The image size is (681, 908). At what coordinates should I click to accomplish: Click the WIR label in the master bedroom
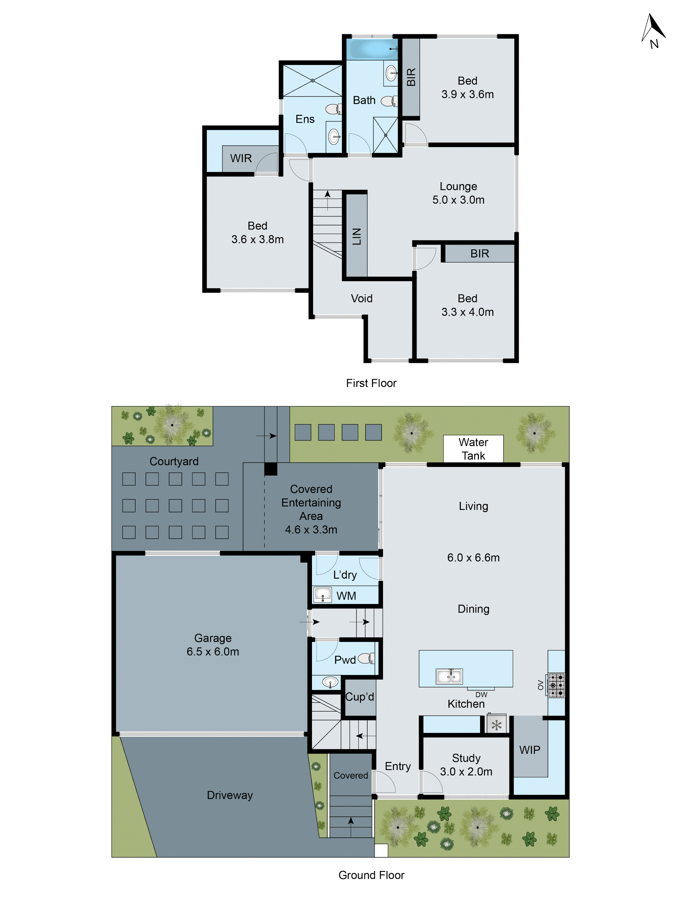click(x=241, y=158)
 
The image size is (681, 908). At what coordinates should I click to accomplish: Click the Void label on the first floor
click(x=361, y=299)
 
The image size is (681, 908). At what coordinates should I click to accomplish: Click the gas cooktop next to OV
click(x=556, y=685)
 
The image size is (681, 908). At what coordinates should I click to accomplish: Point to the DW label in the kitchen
click(x=481, y=695)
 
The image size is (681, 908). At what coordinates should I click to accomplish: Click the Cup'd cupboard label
click(x=360, y=697)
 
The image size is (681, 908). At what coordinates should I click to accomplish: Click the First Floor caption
click(x=371, y=383)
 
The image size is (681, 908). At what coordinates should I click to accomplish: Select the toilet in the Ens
click(x=333, y=109)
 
